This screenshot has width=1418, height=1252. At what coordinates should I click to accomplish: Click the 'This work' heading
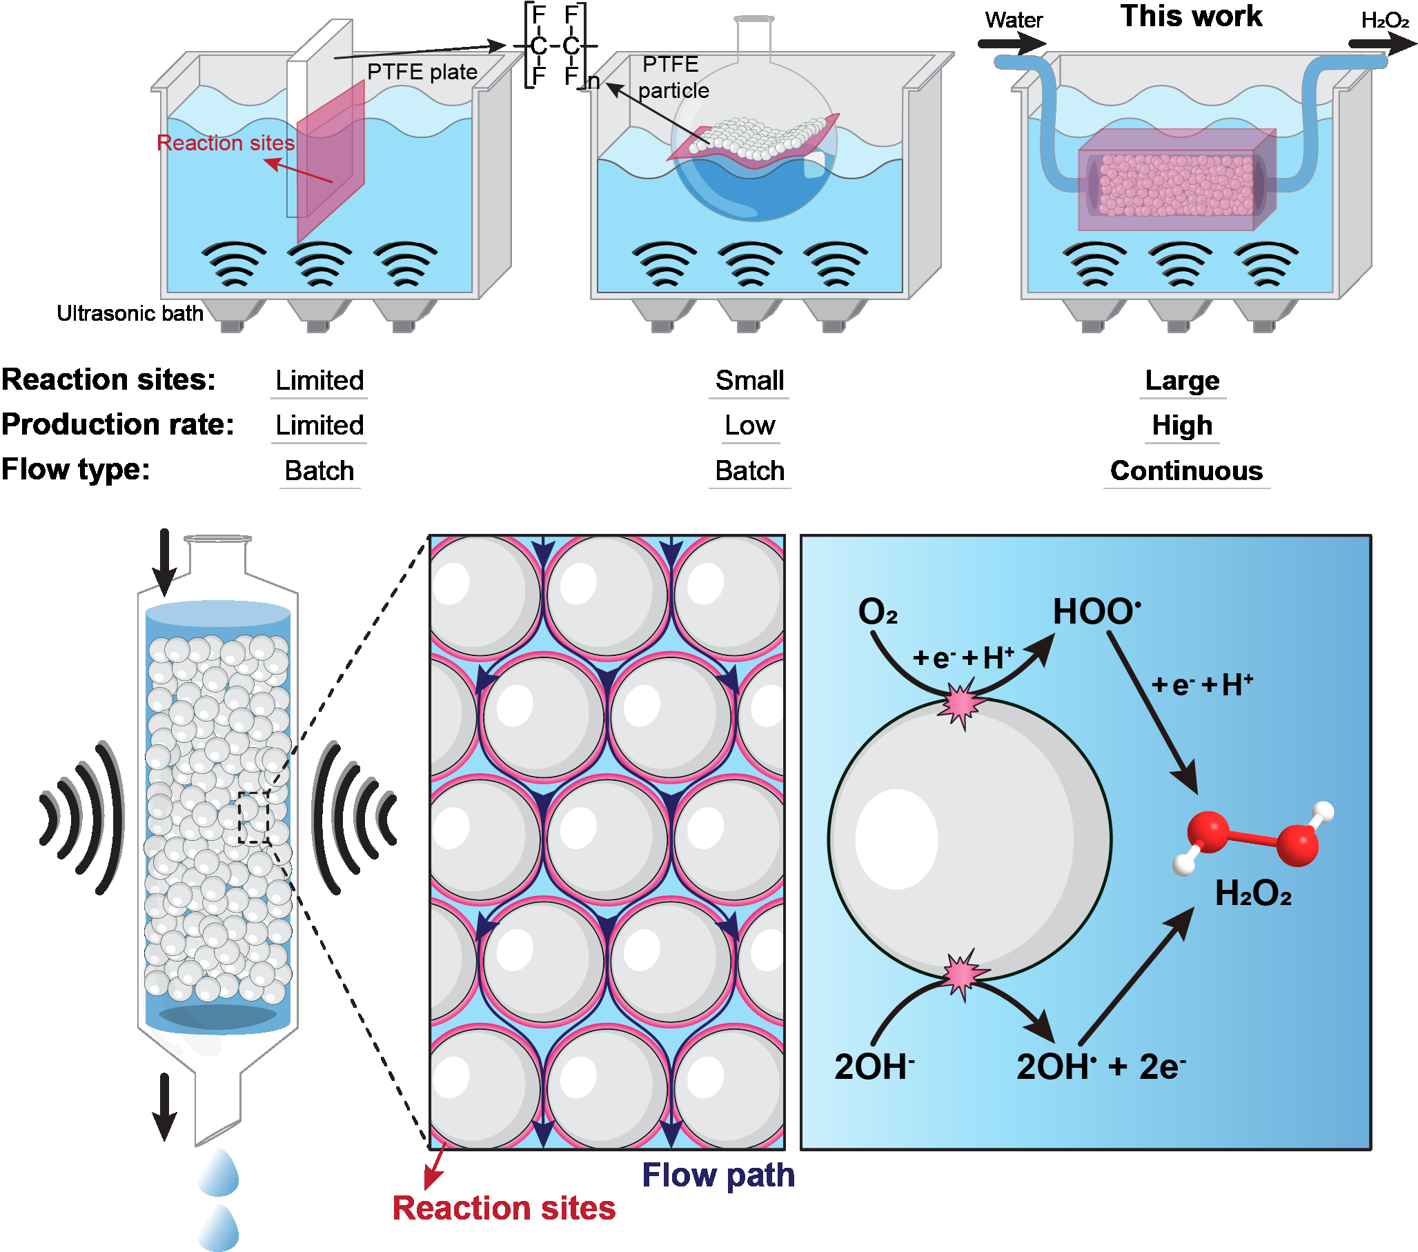1190,16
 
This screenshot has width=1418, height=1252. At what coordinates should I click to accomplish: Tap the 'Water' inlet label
1013,20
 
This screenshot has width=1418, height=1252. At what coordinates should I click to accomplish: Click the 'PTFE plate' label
422,72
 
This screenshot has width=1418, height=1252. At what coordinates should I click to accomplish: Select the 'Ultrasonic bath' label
130,314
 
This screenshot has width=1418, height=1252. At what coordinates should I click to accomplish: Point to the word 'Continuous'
1185,471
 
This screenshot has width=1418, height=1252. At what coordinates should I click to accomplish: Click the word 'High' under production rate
1181,425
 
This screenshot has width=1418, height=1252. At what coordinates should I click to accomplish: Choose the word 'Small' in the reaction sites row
749,381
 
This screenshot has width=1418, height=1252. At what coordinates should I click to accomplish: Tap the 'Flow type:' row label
76,470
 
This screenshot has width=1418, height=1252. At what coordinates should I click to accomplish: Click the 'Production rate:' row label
117,424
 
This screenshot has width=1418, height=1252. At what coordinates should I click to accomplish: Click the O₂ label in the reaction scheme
878,613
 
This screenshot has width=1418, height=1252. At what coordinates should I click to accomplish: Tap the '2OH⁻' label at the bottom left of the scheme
874,1067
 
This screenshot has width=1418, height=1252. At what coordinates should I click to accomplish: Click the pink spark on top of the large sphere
961,704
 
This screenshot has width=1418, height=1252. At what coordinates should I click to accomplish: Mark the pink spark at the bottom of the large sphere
961,974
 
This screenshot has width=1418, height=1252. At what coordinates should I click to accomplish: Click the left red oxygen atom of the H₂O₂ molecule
1208,832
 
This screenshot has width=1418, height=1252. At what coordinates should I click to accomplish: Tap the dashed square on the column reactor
254,818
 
